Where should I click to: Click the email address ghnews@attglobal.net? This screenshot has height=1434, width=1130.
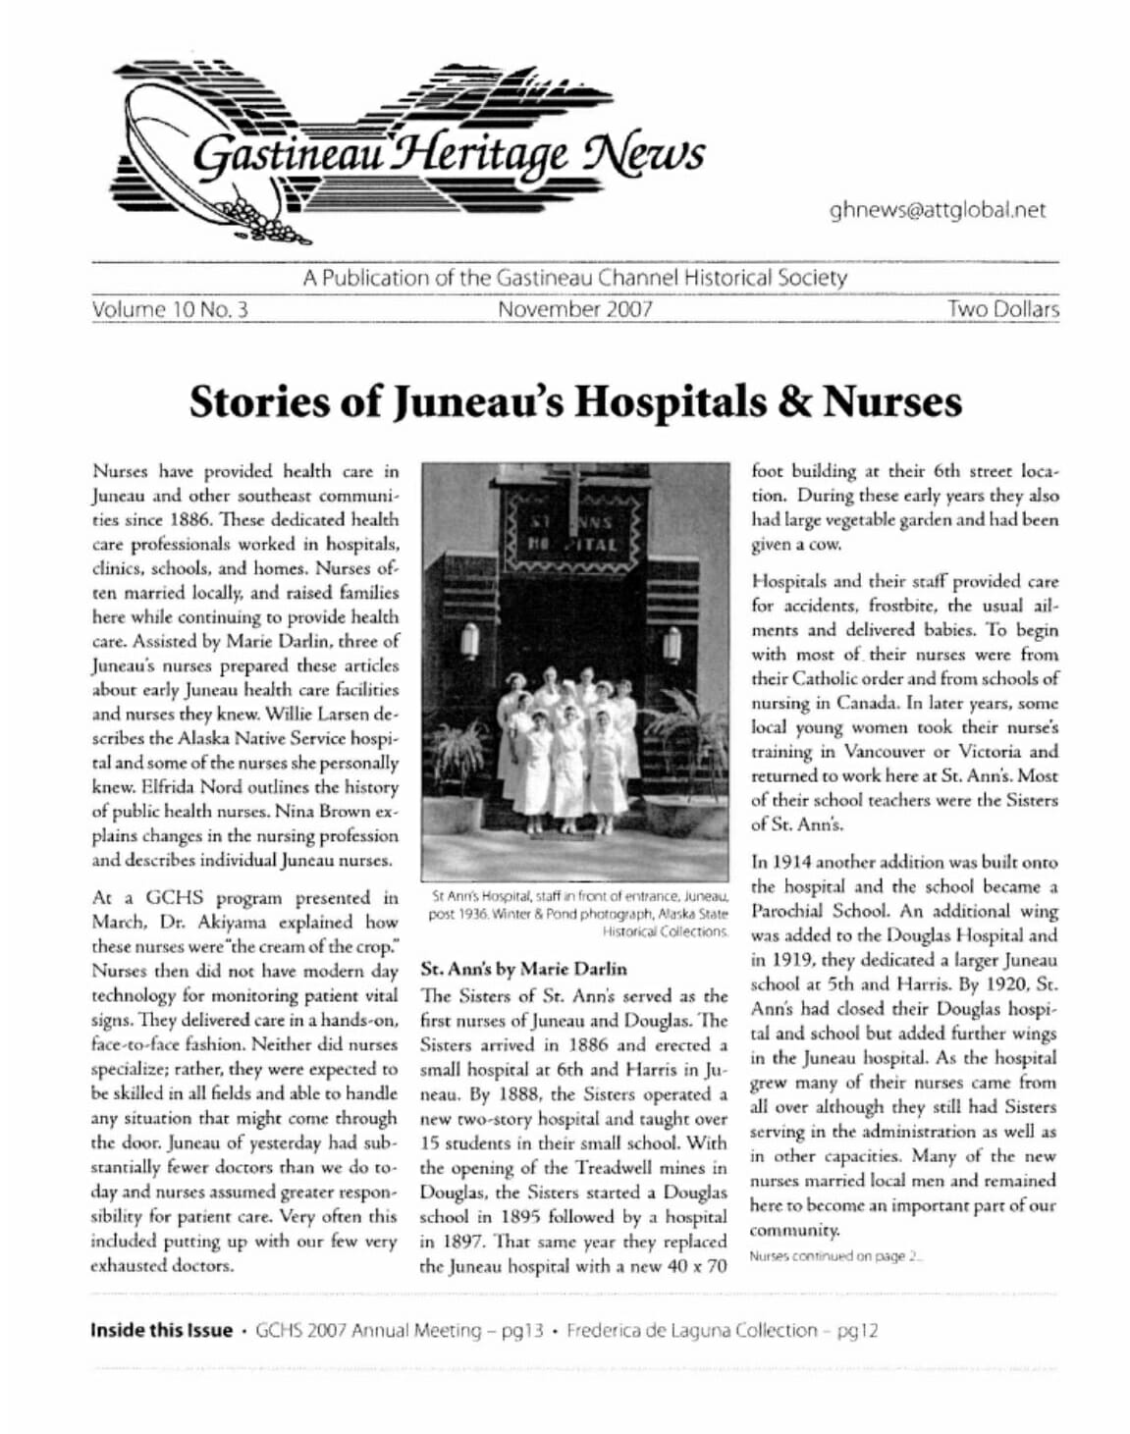[x=937, y=210]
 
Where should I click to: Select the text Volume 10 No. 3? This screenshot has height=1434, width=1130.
[x=170, y=310]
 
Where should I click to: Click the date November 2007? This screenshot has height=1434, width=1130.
[x=574, y=310]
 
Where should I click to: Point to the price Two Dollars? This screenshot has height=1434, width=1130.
[x=1002, y=310]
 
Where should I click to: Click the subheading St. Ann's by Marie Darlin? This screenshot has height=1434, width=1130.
[x=523, y=969]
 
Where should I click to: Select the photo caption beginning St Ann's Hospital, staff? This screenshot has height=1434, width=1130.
[x=578, y=913]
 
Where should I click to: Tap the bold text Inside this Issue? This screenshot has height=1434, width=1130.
[x=161, y=1331]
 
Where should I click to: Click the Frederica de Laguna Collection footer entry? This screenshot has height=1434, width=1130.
[x=722, y=1331]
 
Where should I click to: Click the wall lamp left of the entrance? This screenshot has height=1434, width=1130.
[x=469, y=643]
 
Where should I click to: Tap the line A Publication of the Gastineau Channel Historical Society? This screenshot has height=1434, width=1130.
[x=574, y=278]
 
